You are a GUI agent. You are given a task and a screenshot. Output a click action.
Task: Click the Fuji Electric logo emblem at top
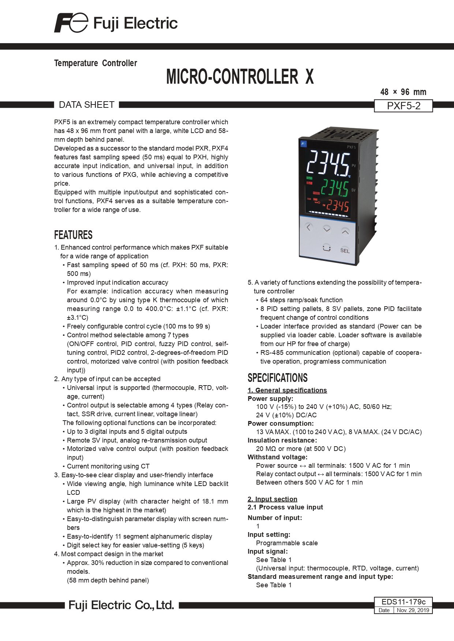[x=71, y=23]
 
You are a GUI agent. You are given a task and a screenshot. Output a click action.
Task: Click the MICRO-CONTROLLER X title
[x=240, y=77]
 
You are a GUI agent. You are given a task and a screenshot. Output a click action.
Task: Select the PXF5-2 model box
[x=404, y=106]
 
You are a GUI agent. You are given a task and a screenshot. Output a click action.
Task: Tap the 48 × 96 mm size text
[x=403, y=92]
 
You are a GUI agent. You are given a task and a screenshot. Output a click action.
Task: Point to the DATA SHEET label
[x=87, y=105]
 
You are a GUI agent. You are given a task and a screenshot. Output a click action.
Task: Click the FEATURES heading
[x=73, y=235]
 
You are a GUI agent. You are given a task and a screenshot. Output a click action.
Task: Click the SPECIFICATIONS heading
[x=278, y=378]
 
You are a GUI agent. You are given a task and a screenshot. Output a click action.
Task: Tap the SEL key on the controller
[x=345, y=250]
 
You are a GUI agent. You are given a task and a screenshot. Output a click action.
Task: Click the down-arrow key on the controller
[x=327, y=229]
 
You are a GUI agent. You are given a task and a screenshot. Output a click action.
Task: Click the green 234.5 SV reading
[x=334, y=188]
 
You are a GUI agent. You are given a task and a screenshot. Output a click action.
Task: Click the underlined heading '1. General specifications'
[x=287, y=390]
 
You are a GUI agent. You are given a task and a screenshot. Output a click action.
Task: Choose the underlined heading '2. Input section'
[x=273, y=499]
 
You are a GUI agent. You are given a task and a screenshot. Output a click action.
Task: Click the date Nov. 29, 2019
[x=413, y=610]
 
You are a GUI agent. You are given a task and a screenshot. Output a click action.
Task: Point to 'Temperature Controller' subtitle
[x=95, y=63]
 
